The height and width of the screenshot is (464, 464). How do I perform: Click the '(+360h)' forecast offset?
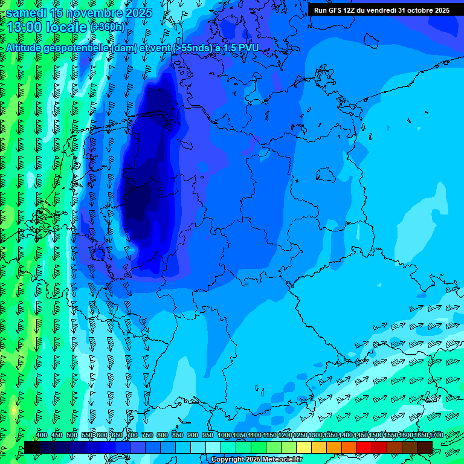pyautogui.click(x=107, y=27)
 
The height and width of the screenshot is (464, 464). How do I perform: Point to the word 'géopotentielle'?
pyautogui.click(x=84, y=48)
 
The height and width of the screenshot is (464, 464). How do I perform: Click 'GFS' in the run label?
pyautogui.click(x=336, y=10)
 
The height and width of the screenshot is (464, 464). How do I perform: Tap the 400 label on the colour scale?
pyautogui.click(x=42, y=435)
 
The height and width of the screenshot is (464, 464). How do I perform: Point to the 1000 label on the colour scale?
pyautogui.click(x=225, y=435)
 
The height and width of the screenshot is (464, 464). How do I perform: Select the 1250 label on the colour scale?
pyautogui.click(x=300, y=435)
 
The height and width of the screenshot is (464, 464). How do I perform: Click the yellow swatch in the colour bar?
pyautogui.click(x=304, y=447)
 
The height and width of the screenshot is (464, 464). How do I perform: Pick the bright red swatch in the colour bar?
pyautogui.click(x=364, y=447)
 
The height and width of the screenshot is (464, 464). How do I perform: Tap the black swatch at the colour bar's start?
pyautogui.click(x=32, y=447)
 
